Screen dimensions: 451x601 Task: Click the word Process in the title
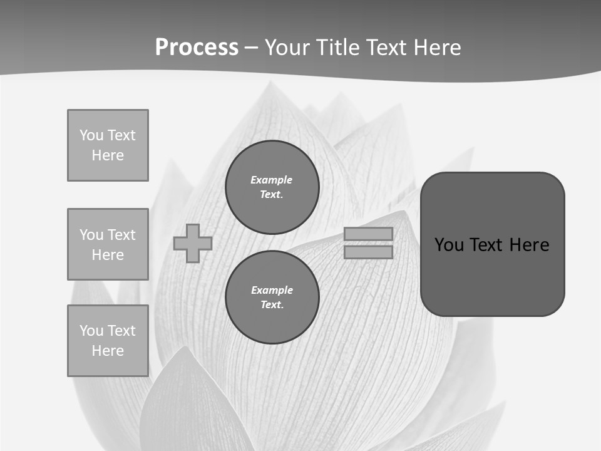[x=197, y=48]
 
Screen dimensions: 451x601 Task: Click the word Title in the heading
[x=336, y=48]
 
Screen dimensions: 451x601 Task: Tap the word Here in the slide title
[x=438, y=48]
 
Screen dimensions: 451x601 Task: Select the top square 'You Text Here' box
[x=108, y=145]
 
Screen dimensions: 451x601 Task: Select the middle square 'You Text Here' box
[x=108, y=244]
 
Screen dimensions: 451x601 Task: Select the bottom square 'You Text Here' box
[x=108, y=341]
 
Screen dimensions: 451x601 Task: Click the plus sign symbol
[x=193, y=243]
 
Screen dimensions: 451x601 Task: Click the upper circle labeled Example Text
[x=272, y=187]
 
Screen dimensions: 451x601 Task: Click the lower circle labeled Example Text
[x=272, y=297]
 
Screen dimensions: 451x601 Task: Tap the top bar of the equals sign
[x=368, y=234]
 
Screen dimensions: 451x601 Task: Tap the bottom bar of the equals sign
[x=368, y=252]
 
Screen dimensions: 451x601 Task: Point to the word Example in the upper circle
[x=271, y=180]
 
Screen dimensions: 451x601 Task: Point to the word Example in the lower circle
[x=272, y=290]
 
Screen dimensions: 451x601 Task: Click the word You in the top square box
[x=91, y=135]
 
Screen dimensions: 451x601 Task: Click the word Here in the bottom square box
[x=108, y=351]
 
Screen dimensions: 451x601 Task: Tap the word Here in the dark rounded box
[x=529, y=245]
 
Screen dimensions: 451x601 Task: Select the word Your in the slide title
[x=285, y=48]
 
